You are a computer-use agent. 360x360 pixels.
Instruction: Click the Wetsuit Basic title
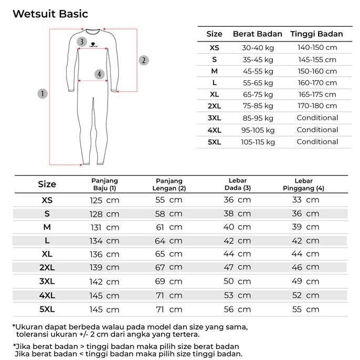click(50, 14)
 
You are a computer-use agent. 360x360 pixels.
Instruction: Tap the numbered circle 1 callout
click(43, 94)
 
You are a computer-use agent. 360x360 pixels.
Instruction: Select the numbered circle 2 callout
click(143, 60)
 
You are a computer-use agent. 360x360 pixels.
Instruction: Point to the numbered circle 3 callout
click(81, 42)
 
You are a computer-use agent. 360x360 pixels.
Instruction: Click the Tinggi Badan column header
click(316, 34)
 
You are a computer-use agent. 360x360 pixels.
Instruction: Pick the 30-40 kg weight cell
click(258, 48)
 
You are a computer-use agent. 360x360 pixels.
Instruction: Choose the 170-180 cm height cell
click(317, 106)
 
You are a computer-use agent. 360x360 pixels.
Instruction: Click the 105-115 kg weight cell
click(258, 142)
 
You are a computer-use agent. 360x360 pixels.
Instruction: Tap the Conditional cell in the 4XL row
click(317, 130)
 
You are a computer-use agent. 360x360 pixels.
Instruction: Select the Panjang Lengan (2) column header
click(169, 184)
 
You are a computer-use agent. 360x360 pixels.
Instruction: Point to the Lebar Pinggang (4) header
click(304, 184)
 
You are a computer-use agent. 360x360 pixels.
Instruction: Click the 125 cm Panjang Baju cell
click(104, 200)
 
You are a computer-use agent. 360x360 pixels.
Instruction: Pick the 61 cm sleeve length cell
click(168, 227)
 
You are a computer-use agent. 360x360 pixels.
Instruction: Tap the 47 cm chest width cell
click(237, 268)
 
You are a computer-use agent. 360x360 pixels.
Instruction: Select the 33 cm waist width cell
click(305, 200)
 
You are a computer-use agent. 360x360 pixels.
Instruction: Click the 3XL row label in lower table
click(47, 281)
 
